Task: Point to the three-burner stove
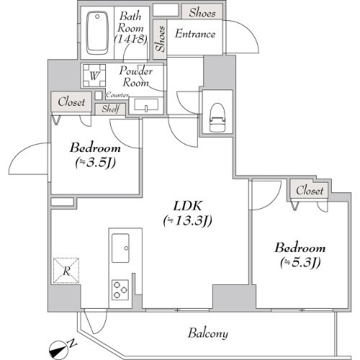coord(120,289)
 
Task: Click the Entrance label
coord(194,34)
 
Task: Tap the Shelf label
coord(110,108)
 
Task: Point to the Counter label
coord(117,95)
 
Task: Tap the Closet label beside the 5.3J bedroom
coord(310,190)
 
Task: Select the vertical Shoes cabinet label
coord(160,40)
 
